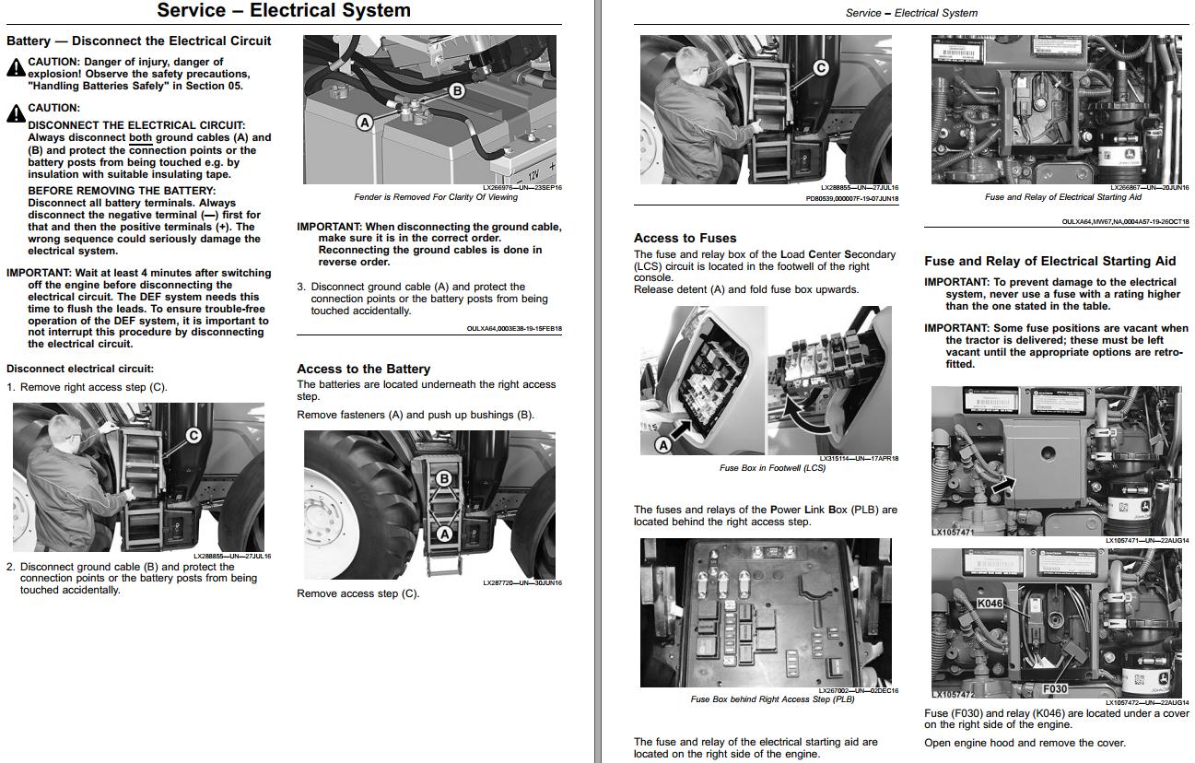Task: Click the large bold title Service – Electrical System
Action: (284, 11)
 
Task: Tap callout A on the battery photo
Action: (365, 122)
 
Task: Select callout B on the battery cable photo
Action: (456, 90)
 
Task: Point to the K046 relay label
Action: (989, 604)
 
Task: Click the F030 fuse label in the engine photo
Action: (1054, 688)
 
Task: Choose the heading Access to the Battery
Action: (363, 369)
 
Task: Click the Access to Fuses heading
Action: (685, 238)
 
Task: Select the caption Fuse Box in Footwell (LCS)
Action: (771, 468)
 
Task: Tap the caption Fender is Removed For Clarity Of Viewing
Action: (435, 197)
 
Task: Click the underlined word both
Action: (140, 138)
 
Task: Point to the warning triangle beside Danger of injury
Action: (15, 67)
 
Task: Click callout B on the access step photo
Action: (443, 478)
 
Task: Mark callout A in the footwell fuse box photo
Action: (662, 444)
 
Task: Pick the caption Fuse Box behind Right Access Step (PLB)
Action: (772, 699)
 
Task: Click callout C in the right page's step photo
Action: (820, 67)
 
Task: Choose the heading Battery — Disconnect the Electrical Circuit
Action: (139, 41)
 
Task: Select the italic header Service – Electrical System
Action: (910, 13)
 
